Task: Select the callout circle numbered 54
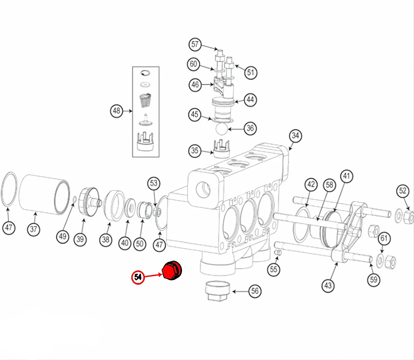pos(138,277)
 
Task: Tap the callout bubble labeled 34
pos(295,136)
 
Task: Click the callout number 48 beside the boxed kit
pos(117,111)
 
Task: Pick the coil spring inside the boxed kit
pos(146,101)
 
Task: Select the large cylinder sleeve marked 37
pos(44,194)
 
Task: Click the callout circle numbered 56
pos(255,291)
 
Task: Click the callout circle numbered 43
pos(328,285)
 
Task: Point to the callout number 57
pos(195,44)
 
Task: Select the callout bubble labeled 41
pos(346,176)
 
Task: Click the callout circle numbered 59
pos(374,279)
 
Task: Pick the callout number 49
pos(63,236)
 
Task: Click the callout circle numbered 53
pos(154,183)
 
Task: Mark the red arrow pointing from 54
pos(153,275)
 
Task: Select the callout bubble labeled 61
pos(384,238)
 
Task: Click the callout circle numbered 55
pos(273,269)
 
